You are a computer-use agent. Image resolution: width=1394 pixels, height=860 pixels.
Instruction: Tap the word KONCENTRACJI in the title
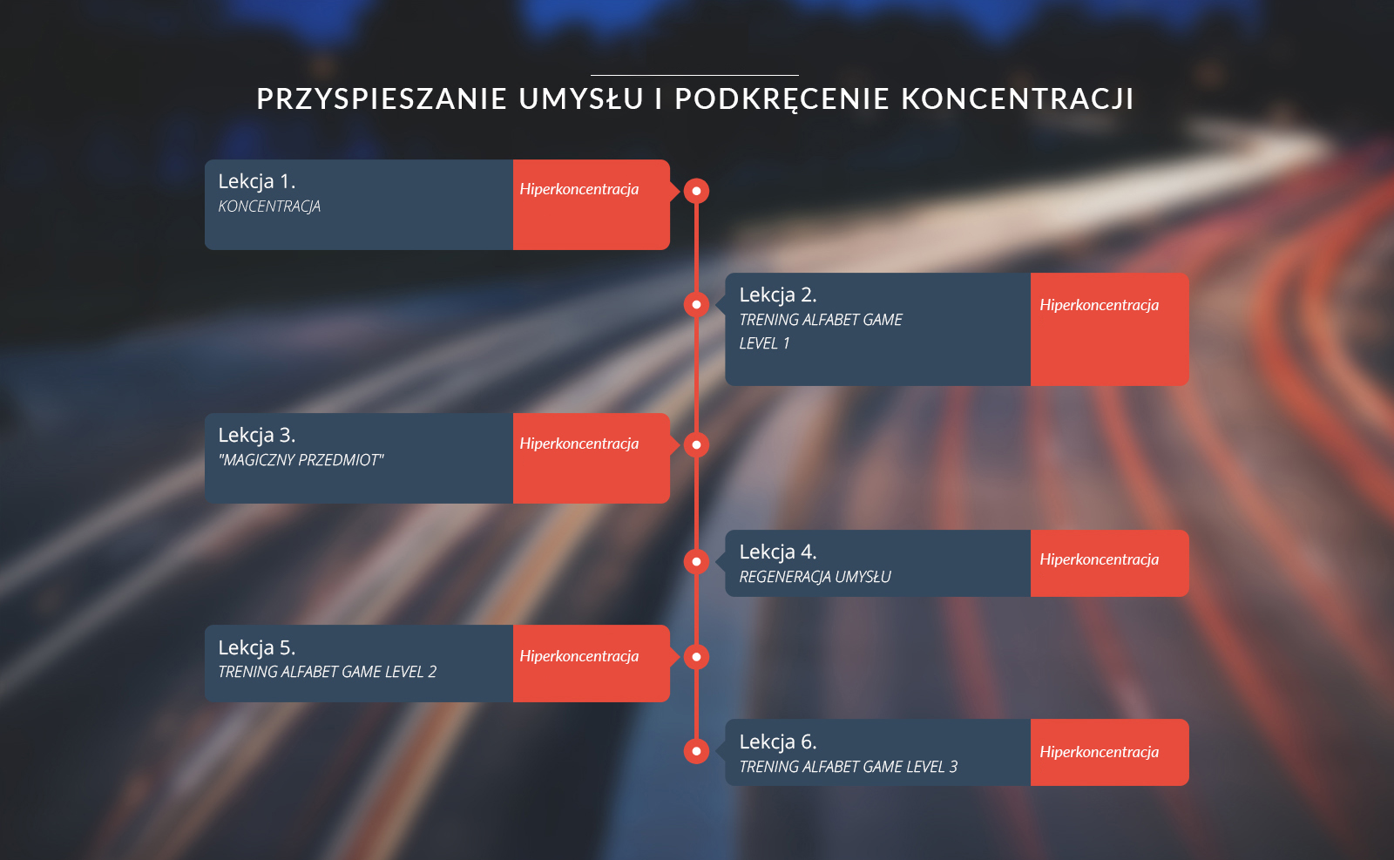(x=1018, y=99)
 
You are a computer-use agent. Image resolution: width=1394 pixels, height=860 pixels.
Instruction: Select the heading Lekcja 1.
(x=256, y=181)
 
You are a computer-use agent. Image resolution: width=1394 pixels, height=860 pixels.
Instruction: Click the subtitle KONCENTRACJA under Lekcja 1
(x=269, y=206)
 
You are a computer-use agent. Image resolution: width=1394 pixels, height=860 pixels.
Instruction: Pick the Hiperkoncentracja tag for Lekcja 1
(x=579, y=189)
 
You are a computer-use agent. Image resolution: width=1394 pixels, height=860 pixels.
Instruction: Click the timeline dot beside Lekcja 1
(x=696, y=191)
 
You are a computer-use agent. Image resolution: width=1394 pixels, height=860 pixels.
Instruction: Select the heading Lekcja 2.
(x=778, y=295)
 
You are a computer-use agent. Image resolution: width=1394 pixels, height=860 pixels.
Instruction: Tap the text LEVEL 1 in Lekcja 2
(x=764, y=343)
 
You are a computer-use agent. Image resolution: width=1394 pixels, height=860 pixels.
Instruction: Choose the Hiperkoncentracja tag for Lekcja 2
(x=1099, y=305)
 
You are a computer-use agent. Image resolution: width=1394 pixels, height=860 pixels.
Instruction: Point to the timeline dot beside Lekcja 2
(x=696, y=304)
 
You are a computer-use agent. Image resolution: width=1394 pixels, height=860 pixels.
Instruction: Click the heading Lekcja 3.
(x=256, y=435)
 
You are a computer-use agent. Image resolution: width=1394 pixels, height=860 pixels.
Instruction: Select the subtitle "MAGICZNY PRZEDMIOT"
(x=301, y=460)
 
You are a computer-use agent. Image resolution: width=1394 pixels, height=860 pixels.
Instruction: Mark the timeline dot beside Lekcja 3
(x=696, y=445)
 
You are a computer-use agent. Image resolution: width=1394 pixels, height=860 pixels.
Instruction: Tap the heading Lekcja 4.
(x=778, y=552)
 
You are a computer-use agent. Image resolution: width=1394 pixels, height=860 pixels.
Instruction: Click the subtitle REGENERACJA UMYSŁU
(x=815, y=577)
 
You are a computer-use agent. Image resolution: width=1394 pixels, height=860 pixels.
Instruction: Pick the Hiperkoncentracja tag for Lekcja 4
(x=1099, y=559)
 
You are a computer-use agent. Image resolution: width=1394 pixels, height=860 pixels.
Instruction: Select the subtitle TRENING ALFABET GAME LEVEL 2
(x=328, y=672)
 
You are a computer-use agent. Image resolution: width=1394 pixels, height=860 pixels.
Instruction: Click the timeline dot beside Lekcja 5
(x=696, y=657)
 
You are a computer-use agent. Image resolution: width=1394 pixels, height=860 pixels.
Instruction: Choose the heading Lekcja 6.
(x=778, y=741)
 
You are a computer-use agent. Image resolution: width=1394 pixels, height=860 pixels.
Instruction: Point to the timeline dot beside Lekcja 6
(x=696, y=751)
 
